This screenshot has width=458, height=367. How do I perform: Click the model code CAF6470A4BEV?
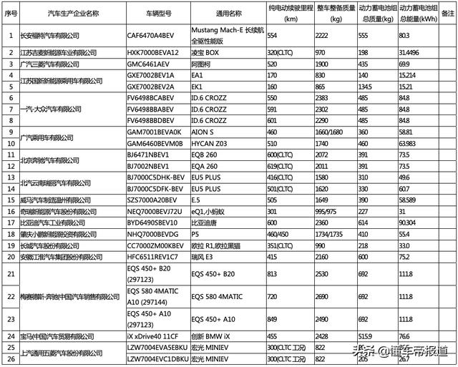click(150, 35)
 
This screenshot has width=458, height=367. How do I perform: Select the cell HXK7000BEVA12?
click(152, 52)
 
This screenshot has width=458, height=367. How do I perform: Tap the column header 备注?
click(448, 13)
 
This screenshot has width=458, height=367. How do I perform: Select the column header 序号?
click(10, 13)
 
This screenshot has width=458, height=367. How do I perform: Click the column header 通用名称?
click(228, 13)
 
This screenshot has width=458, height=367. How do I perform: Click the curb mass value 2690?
click(321, 295)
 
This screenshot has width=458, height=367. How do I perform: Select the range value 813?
click(273, 273)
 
